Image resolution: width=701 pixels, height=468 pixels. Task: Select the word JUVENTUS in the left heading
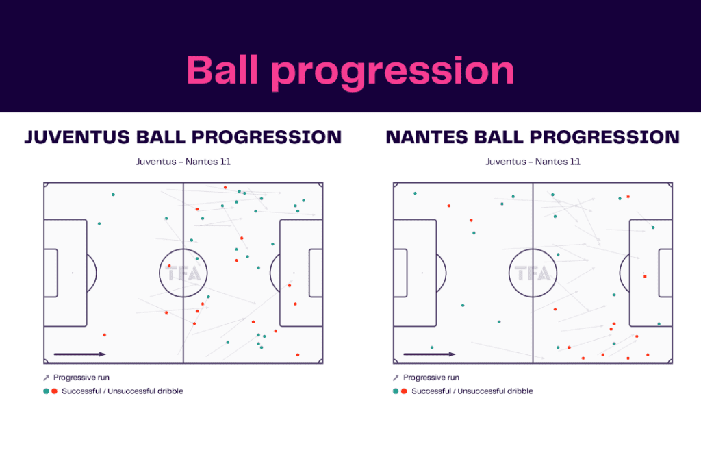pyautogui.click(x=73, y=137)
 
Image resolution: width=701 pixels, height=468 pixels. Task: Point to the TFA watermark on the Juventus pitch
pyautogui.click(x=183, y=273)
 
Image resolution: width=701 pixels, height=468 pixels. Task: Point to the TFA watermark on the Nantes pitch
pyautogui.click(x=533, y=273)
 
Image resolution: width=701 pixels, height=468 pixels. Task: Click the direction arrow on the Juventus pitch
pyautogui.click(x=79, y=354)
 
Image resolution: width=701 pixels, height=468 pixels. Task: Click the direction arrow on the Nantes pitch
pyautogui.click(x=429, y=354)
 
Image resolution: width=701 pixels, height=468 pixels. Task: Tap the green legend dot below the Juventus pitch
pyautogui.click(x=46, y=391)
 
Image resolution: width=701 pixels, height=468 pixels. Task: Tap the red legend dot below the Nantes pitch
pyautogui.click(x=404, y=391)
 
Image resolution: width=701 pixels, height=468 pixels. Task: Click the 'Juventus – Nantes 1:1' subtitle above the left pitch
pyautogui.click(x=183, y=162)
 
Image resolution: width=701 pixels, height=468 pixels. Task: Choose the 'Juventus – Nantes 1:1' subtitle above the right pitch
pyautogui.click(x=533, y=162)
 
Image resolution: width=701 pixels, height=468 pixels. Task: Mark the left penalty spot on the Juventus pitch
pyautogui.click(x=73, y=273)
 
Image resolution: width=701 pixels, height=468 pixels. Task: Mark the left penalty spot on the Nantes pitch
pyautogui.click(x=422, y=273)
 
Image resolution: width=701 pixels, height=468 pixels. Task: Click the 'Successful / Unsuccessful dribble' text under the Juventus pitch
pyautogui.click(x=123, y=391)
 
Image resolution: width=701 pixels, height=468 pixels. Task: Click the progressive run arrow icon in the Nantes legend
pyautogui.click(x=396, y=378)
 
